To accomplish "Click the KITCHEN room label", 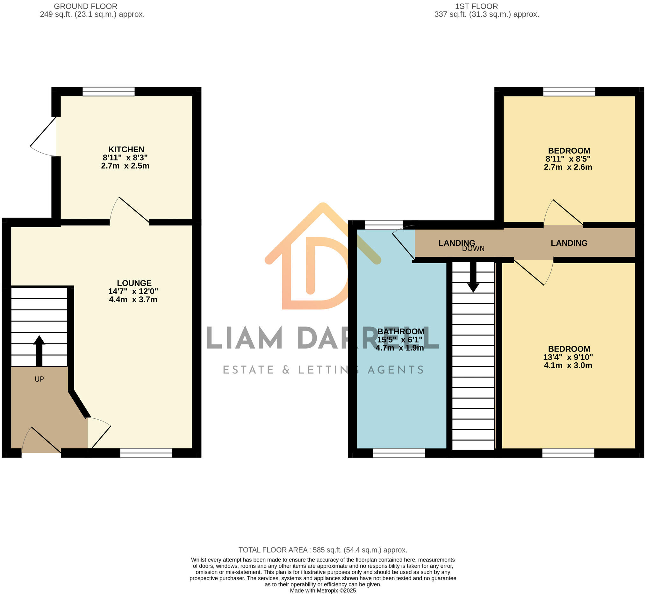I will pyautogui.click(x=126, y=149).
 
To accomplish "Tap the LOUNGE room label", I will pyautogui.click(x=134, y=283).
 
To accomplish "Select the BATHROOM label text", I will pyautogui.click(x=401, y=331).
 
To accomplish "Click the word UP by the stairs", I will pyautogui.click(x=39, y=379).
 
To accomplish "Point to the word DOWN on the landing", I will pyautogui.click(x=473, y=249).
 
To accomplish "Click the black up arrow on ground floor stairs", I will pyautogui.click(x=39, y=351).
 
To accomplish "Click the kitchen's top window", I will pyautogui.click(x=109, y=91).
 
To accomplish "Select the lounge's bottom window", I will pyautogui.click(x=146, y=453).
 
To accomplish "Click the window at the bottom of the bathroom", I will pyautogui.click(x=399, y=453).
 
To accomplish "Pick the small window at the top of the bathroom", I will pyautogui.click(x=384, y=225).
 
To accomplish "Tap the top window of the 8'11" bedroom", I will pyautogui.click(x=569, y=91).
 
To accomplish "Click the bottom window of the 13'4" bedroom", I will pyautogui.click(x=568, y=453).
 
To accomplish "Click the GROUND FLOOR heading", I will pyautogui.click(x=85, y=6).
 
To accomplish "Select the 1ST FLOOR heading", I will pyautogui.click(x=477, y=6).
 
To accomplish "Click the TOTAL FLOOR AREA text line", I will pyautogui.click(x=322, y=550).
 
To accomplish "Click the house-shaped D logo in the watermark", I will pyautogui.click(x=321, y=257).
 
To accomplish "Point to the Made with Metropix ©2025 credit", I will pyautogui.click(x=323, y=590).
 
